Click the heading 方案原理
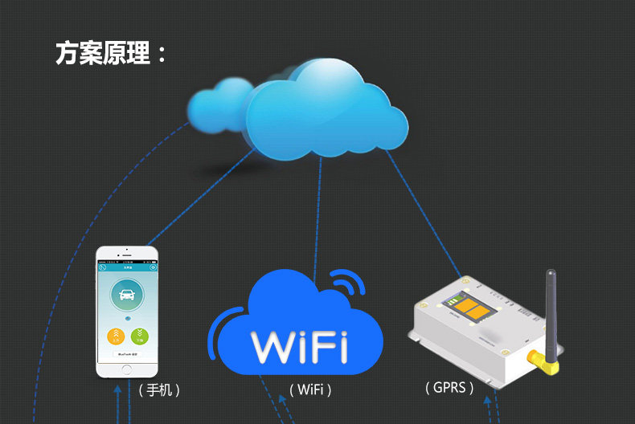point(112,53)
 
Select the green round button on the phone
point(140,336)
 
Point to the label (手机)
point(158,390)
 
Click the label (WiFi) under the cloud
point(309,390)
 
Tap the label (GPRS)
point(449,387)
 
